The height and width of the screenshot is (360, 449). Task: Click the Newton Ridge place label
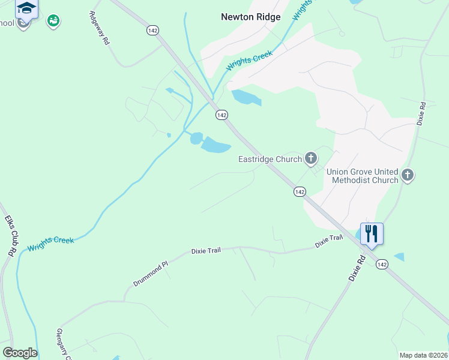click(x=250, y=17)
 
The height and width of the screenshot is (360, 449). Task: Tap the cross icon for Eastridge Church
click(x=310, y=158)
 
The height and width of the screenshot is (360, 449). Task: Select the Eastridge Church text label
click(x=270, y=159)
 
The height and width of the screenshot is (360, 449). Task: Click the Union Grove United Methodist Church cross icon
click(x=408, y=175)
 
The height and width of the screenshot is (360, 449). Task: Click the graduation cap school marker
click(x=26, y=8)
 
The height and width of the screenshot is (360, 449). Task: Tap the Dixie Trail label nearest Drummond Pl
click(x=206, y=250)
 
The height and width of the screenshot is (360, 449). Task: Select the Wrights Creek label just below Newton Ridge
click(x=249, y=61)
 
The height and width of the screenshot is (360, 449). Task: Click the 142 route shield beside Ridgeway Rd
click(x=152, y=29)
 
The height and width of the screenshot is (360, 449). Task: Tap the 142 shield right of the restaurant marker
click(x=382, y=264)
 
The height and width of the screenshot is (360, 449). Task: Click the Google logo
click(x=20, y=353)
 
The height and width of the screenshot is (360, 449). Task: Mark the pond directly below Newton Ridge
click(x=246, y=97)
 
